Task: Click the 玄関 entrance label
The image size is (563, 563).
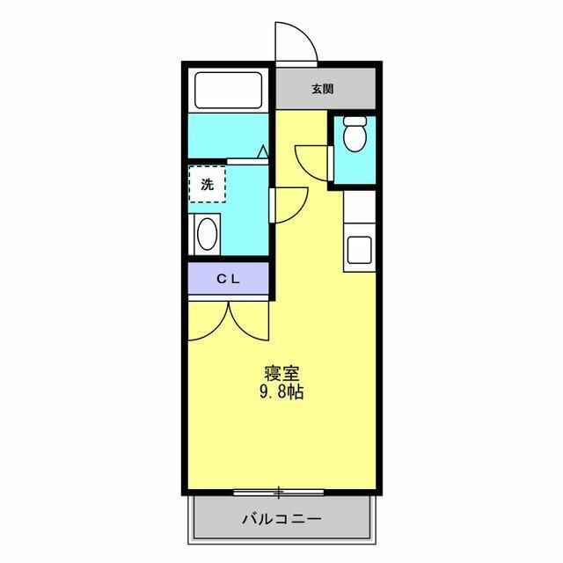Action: [x=322, y=89]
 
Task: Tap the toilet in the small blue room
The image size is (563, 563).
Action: [x=355, y=138]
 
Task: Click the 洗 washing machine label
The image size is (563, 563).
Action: [x=207, y=185]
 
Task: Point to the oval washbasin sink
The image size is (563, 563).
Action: [x=208, y=235]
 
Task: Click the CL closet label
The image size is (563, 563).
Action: [x=229, y=279]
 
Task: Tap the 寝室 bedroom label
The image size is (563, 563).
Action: [x=281, y=373]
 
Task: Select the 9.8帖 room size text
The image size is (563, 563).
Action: [x=281, y=393]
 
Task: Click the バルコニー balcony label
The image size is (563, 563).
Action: [x=281, y=519]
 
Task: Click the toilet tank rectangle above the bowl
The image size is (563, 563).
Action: [x=355, y=122]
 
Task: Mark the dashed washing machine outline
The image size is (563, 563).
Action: [x=207, y=185]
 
